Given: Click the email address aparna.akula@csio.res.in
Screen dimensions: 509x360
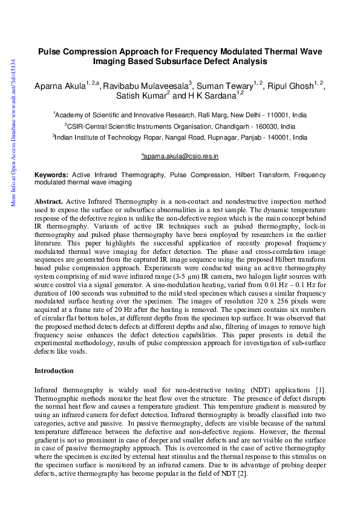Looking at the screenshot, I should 181,156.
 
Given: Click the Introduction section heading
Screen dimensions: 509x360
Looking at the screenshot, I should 54,370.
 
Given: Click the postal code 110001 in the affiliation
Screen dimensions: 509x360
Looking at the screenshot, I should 264,114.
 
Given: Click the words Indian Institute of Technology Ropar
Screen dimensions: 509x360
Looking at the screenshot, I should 107,138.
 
